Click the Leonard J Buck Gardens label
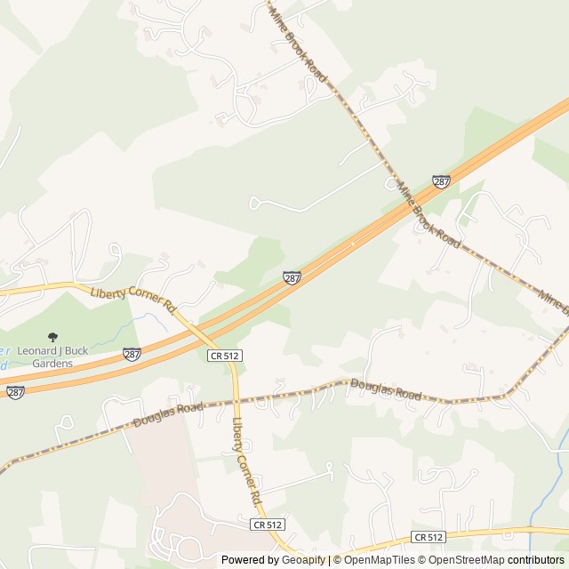click(53, 357)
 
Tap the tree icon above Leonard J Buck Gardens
click(52, 337)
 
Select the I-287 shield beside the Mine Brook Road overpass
click(441, 181)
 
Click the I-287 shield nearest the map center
click(292, 277)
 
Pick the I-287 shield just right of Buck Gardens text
click(132, 354)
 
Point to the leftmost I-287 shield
click(14, 392)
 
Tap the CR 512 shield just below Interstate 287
click(225, 356)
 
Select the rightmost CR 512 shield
click(429, 537)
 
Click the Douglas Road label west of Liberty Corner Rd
click(167, 413)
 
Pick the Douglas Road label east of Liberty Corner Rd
click(386, 389)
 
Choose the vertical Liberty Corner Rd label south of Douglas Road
click(245, 458)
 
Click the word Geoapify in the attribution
click(302, 560)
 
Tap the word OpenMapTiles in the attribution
click(380, 560)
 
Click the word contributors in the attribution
click(536, 560)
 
